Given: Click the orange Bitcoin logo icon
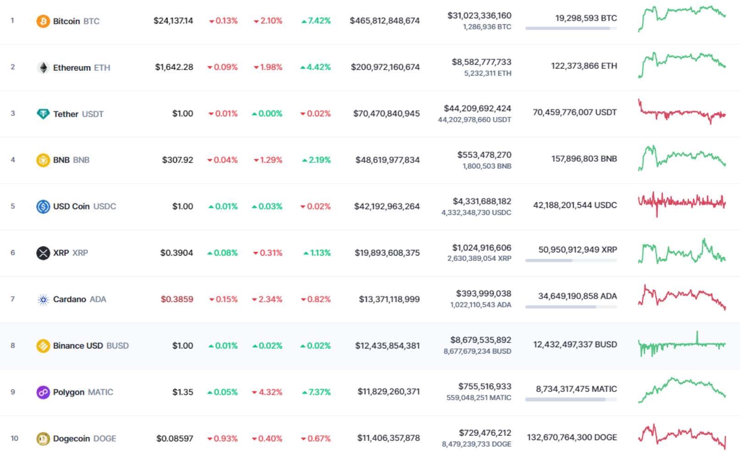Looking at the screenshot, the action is tap(43, 21).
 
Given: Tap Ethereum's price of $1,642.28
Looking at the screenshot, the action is tap(174, 67).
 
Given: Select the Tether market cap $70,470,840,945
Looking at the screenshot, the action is tap(386, 114).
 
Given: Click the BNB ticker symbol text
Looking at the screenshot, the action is tap(81, 160).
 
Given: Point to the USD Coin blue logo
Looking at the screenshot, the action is tap(43, 207).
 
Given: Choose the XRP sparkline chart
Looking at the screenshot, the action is tap(682, 251).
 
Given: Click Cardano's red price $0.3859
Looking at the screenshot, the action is tap(177, 299).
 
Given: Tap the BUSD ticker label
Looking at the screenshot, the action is tap(118, 345).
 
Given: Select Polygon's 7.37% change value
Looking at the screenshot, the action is tap(316, 392).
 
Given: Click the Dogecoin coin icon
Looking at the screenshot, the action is tap(43, 438).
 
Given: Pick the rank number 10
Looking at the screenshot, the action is tap(14, 438).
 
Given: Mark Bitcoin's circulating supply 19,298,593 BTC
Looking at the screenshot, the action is tap(586, 18).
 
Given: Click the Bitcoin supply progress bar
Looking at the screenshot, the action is tap(571, 28).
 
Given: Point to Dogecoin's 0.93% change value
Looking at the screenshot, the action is tap(222, 438).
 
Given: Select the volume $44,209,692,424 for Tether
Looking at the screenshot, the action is tap(477, 108).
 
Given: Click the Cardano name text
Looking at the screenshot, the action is tap(69, 299).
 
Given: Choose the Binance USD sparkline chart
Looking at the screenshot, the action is tap(682, 344).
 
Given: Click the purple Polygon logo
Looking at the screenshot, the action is tap(43, 393).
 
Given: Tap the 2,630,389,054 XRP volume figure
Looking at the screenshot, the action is tap(479, 258).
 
